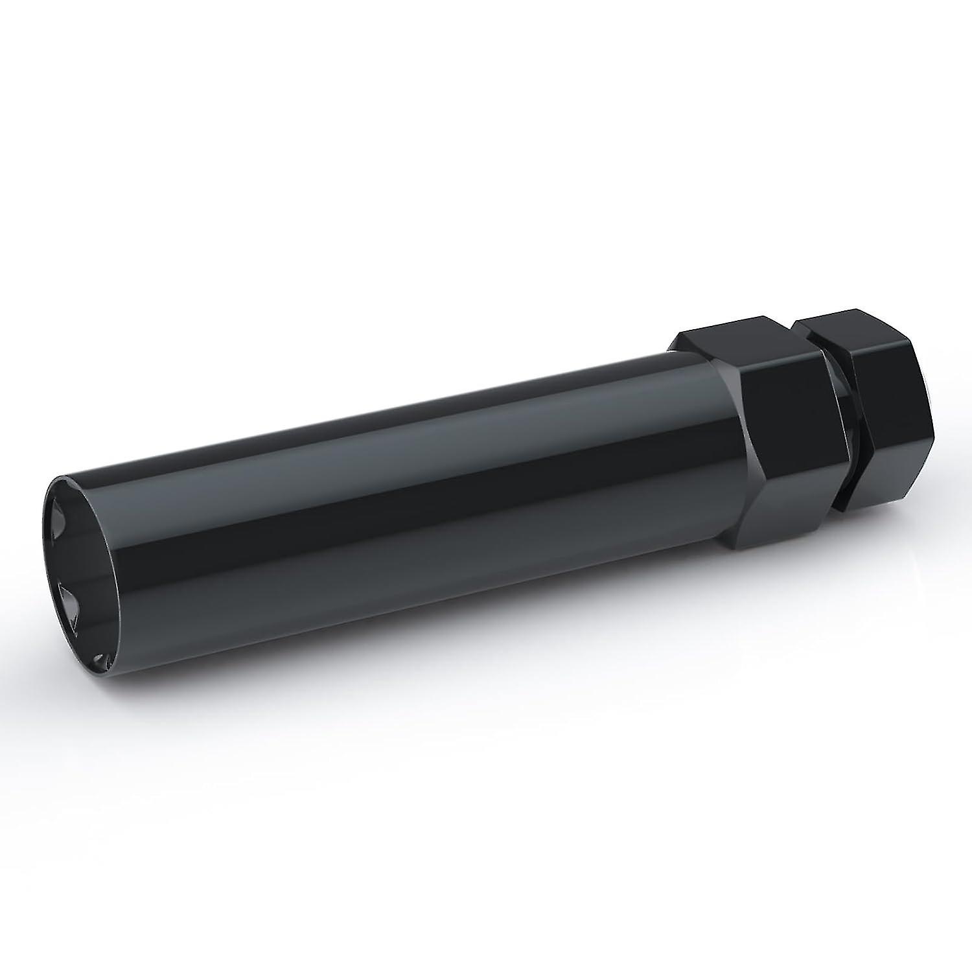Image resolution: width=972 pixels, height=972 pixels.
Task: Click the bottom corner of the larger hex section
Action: pos(745,551)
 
